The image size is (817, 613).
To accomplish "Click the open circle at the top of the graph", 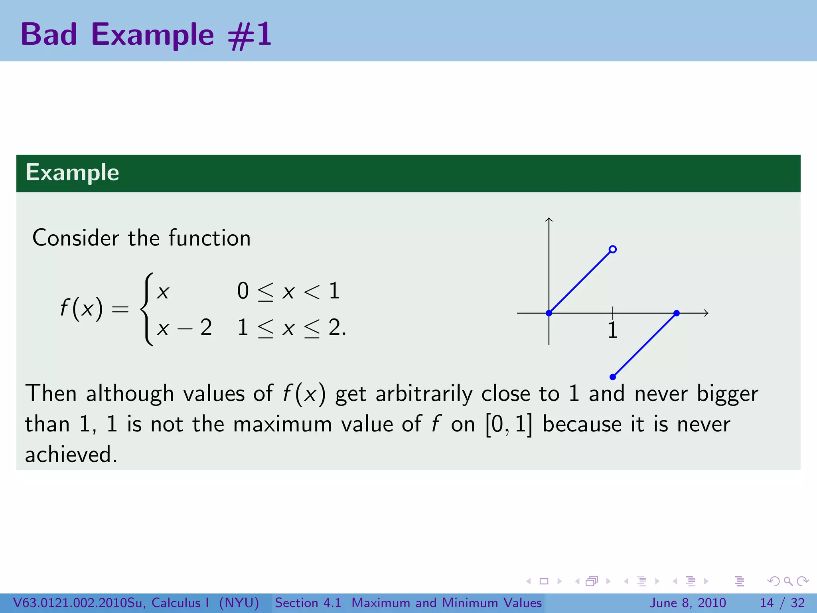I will tap(613, 249).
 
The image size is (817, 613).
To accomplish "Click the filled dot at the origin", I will tap(549, 313).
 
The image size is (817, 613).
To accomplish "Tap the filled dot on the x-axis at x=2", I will tap(677, 313).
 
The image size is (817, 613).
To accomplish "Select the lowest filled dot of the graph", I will tap(613, 377).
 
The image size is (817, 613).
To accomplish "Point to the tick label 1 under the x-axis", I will tap(613, 331).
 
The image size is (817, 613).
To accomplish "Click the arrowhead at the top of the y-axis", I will tap(549, 219).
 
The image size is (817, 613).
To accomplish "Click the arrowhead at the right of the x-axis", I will tap(706, 313).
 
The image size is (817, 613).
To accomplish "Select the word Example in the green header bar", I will tap(72, 173).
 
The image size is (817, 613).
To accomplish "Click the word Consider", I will tap(75, 238).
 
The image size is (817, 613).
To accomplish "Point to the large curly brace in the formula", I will tap(147, 309).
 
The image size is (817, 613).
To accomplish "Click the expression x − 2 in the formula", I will tap(184, 328).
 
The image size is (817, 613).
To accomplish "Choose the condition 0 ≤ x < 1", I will tap(288, 291).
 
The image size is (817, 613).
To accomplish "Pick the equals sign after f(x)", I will tap(120, 309).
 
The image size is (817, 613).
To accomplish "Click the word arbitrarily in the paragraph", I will tap(424, 394).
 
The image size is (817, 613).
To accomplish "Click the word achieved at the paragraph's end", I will tap(71, 455).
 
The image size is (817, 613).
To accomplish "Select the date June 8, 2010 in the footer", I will tap(688, 603).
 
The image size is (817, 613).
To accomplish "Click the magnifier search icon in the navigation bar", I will tap(788, 581).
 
